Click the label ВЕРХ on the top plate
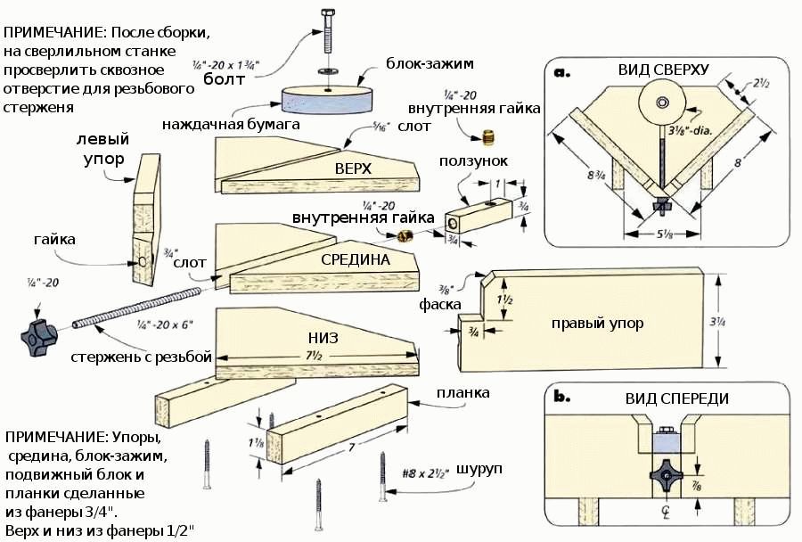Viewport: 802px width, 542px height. point(353,168)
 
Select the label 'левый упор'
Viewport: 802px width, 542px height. point(103,149)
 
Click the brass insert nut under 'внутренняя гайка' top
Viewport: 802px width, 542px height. point(486,136)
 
